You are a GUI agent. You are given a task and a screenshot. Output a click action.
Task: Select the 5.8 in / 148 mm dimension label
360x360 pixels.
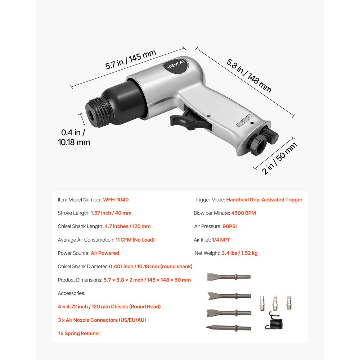(249, 75)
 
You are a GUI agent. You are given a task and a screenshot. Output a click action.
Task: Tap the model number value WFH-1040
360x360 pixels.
(116, 199)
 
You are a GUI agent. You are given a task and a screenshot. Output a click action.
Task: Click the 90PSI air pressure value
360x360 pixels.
(230, 226)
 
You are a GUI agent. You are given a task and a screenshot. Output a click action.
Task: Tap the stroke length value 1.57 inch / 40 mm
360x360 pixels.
(111, 213)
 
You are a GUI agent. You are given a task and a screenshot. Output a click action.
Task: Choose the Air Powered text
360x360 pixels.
(105, 253)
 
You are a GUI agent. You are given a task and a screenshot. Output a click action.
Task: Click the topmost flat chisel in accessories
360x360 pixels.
(229, 277)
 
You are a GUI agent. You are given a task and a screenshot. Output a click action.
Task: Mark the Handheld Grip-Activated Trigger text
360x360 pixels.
(264, 199)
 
